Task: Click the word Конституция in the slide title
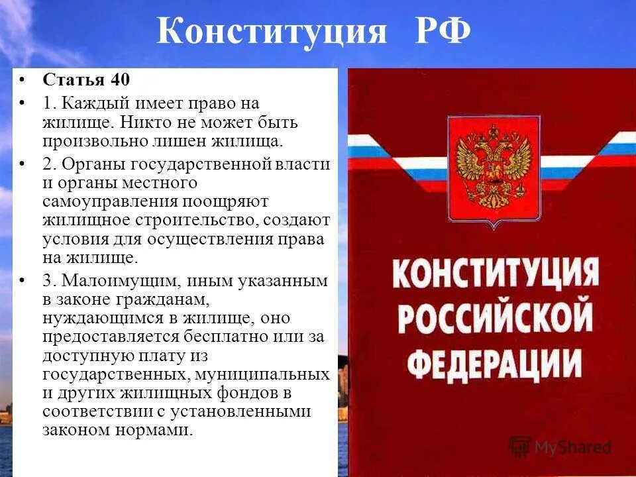pyautogui.click(x=272, y=32)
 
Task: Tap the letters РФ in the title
pyautogui.click(x=443, y=32)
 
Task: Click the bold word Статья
pyautogui.click(x=74, y=80)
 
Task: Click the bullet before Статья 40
pyautogui.click(x=23, y=80)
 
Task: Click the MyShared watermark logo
pyautogui.click(x=560, y=447)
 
